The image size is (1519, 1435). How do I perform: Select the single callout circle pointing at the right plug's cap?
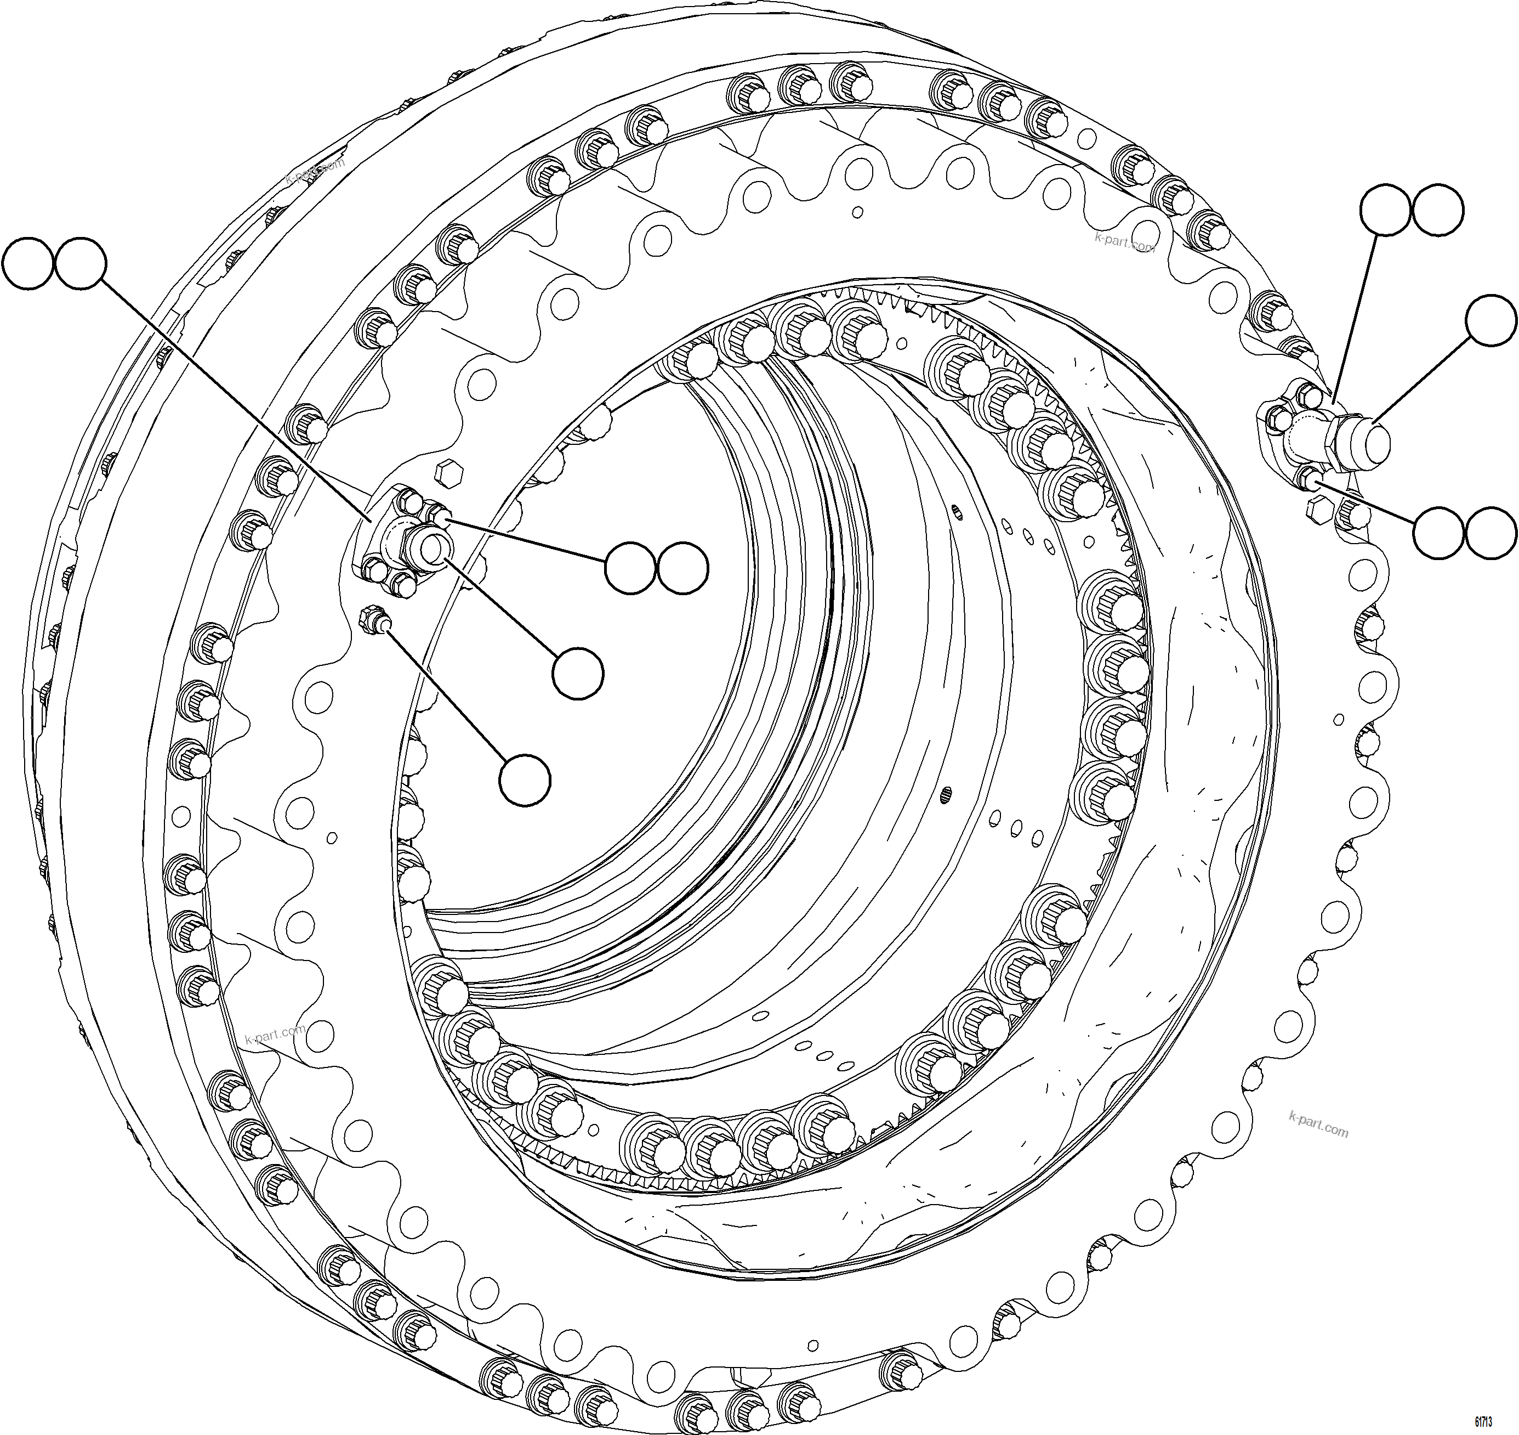click(1490, 320)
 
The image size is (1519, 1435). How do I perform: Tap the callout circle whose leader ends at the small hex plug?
click(525, 779)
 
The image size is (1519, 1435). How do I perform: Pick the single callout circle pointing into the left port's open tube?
click(578, 673)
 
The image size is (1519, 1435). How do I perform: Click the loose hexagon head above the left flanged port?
click(445, 472)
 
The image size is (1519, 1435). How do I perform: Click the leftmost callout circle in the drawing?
click(29, 262)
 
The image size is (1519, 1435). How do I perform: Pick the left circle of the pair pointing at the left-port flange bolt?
click(630, 568)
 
